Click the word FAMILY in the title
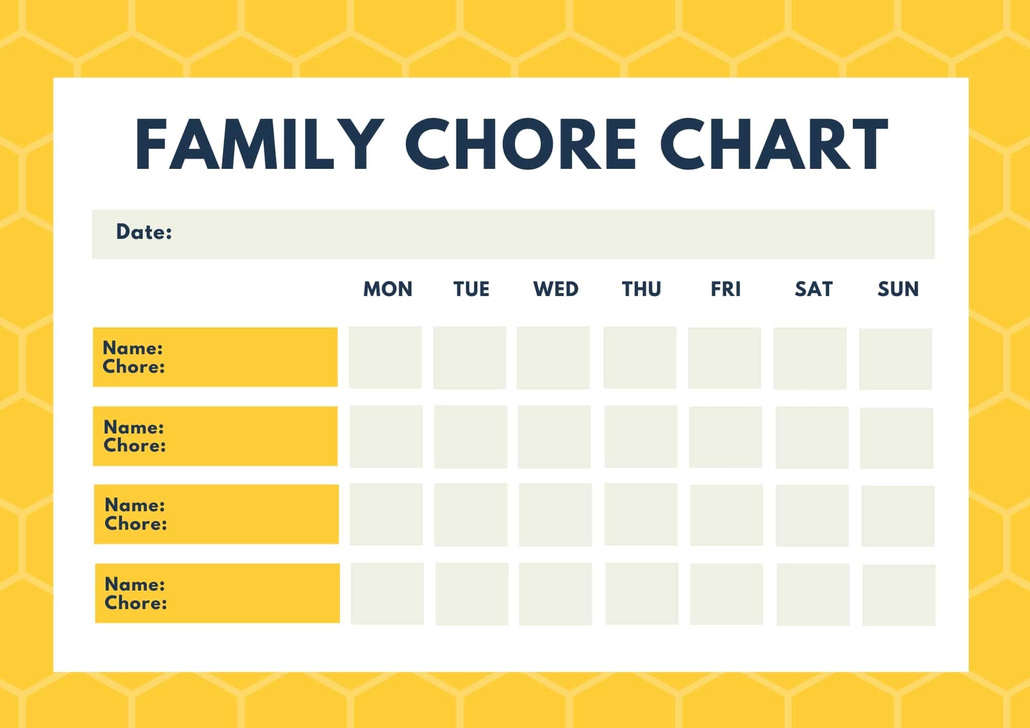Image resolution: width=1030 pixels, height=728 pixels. [x=259, y=144]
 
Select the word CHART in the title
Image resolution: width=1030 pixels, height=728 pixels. [x=774, y=144]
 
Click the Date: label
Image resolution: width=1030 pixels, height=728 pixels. [x=144, y=232]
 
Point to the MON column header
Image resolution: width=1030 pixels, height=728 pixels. [x=388, y=289]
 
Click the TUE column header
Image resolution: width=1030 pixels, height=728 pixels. [x=471, y=289]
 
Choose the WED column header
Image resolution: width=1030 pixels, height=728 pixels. [x=556, y=289]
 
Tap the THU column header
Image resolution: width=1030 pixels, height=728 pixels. [x=641, y=289]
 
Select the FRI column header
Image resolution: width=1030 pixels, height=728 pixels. [x=726, y=289]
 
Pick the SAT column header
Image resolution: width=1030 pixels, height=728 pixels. [x=813, y=289]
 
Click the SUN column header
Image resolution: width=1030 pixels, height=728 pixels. [x=898, y=289]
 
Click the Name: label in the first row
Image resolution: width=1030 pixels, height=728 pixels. [x=133, y=348]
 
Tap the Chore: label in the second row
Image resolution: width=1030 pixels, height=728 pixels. [x=135, y=445]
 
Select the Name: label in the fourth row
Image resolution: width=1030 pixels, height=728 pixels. [x=135, y=584]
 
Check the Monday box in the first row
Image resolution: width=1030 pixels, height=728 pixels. [x=385, y=357]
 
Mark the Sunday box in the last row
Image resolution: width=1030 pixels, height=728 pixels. [x=899, y=595]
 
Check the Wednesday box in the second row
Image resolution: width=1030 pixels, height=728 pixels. [x=554, y=437]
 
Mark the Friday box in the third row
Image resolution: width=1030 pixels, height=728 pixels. [x=726, y=515]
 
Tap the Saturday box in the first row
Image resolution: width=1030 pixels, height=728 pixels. [x=810, y=358]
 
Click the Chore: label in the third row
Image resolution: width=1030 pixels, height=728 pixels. [x=136, y=524]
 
